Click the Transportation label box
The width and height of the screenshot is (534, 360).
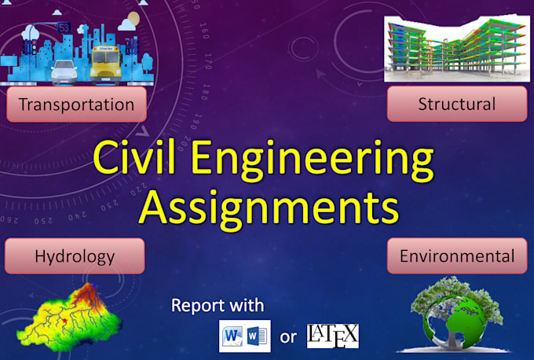76,104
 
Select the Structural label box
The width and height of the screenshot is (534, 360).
456,104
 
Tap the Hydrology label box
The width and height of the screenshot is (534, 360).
75,255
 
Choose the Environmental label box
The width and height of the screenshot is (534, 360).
456,255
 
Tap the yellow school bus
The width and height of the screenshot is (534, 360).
107,64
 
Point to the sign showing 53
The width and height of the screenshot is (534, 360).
64,28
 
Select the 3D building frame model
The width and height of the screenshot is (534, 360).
455,49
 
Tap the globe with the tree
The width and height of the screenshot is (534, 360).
456,314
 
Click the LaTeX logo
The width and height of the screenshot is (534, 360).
332,336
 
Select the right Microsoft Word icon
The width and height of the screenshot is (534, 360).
258,336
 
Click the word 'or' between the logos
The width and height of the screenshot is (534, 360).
288,338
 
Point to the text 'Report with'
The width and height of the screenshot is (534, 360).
218,305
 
